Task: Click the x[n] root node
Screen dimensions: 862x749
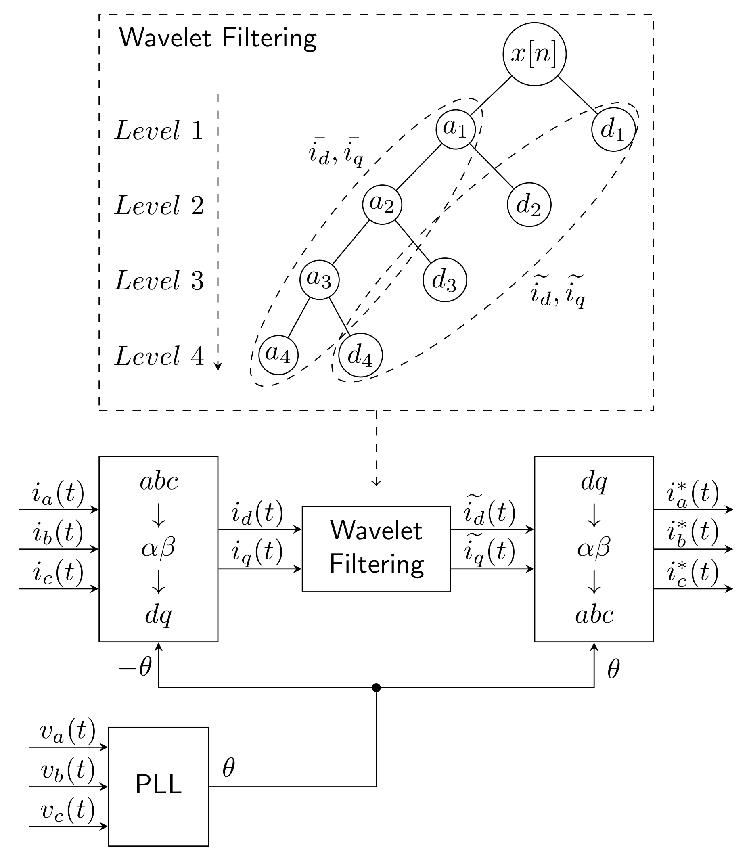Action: pos(534,54)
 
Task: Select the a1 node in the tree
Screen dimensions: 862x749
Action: pos(456,129)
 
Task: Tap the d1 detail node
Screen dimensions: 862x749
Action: pos(613,129)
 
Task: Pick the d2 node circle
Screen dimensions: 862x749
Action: pos(529,205)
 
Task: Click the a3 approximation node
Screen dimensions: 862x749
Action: pos(319,280)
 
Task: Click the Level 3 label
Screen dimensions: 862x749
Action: pos(159,280)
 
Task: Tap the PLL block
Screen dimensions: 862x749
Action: pos(159,786)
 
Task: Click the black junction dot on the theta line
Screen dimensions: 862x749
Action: pos(376,688)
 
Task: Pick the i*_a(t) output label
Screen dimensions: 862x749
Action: pos(693,494)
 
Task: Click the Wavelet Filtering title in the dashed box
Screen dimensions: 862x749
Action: pos(218,38)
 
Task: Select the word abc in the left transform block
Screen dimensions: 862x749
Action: pos(159,481)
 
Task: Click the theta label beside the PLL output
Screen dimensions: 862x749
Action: pos(229,768)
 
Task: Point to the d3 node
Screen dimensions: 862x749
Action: pos(444,280)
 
